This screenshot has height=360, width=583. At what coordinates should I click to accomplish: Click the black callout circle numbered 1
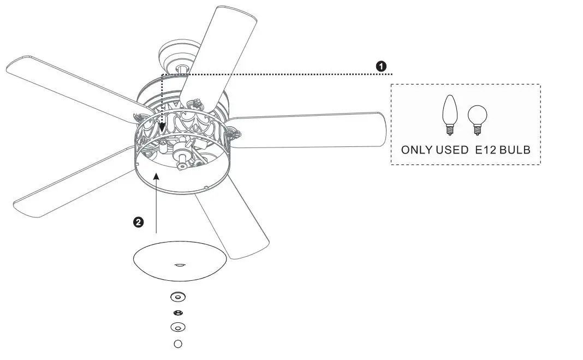tap(382, 66)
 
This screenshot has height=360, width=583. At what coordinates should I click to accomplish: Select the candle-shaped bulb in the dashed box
tap(449, 114)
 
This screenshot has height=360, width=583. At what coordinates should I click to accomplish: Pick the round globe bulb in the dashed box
tap(477, 117)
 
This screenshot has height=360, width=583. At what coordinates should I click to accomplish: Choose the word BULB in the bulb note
tap(516, 149)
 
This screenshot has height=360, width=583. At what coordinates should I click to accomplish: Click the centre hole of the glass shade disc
tap(179, 264)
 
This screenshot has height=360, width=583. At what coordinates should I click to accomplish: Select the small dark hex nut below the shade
tap(178, 313)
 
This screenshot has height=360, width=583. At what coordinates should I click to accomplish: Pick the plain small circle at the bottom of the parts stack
tap(177, 344)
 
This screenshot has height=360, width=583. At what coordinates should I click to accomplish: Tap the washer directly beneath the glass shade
tap(178, 297)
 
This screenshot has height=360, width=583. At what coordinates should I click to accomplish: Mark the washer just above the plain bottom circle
tap(178, 327)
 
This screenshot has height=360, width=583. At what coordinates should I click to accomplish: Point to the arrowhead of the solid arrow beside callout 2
tap(157, 176)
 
